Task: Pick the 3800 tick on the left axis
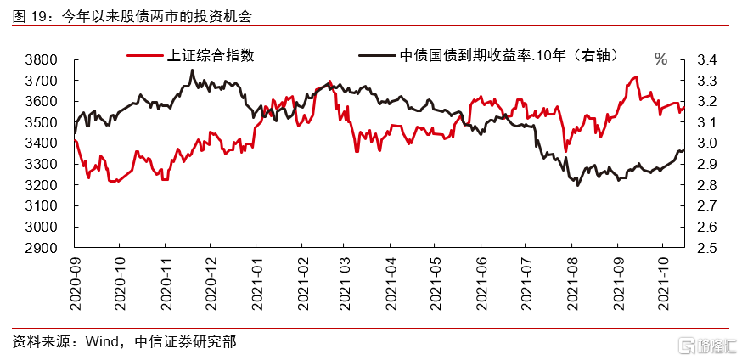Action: [x=40, y=60]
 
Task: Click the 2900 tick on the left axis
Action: [x=40, y=248]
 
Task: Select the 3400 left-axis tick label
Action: [x=40, y=143]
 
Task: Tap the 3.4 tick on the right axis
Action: [x=710, y=60]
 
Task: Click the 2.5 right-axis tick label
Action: [x=710, y=248]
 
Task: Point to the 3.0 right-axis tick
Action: [x=710, y=143]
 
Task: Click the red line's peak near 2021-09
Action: [x=635, y=76]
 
